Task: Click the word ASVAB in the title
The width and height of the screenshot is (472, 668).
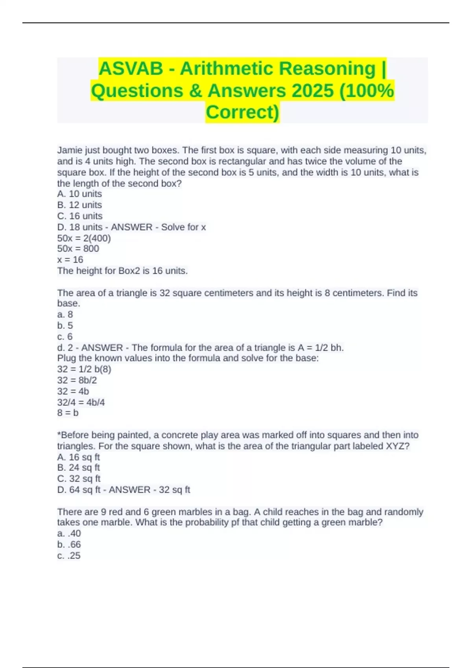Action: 131,69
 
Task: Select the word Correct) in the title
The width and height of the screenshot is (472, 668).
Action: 242,112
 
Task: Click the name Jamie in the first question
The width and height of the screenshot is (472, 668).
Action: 69,150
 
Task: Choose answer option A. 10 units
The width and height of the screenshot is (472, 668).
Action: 79,194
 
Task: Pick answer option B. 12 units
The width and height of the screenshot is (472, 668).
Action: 79,205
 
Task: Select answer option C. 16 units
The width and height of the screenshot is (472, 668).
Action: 80,216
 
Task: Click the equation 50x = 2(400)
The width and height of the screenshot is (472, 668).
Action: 84,238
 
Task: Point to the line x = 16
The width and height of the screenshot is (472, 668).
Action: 70,260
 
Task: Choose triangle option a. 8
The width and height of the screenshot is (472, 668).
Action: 65,314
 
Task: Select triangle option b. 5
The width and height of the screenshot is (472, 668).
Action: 65,325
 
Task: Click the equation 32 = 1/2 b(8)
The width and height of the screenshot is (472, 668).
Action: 84,369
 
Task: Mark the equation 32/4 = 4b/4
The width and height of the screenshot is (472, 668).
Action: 81,402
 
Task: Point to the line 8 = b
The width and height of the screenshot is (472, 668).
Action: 68,413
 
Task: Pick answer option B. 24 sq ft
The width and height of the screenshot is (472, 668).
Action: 79,468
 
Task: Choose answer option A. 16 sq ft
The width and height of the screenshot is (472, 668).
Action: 79,457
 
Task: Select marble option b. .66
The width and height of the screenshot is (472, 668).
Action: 69,545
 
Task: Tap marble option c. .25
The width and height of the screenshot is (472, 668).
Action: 69,556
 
